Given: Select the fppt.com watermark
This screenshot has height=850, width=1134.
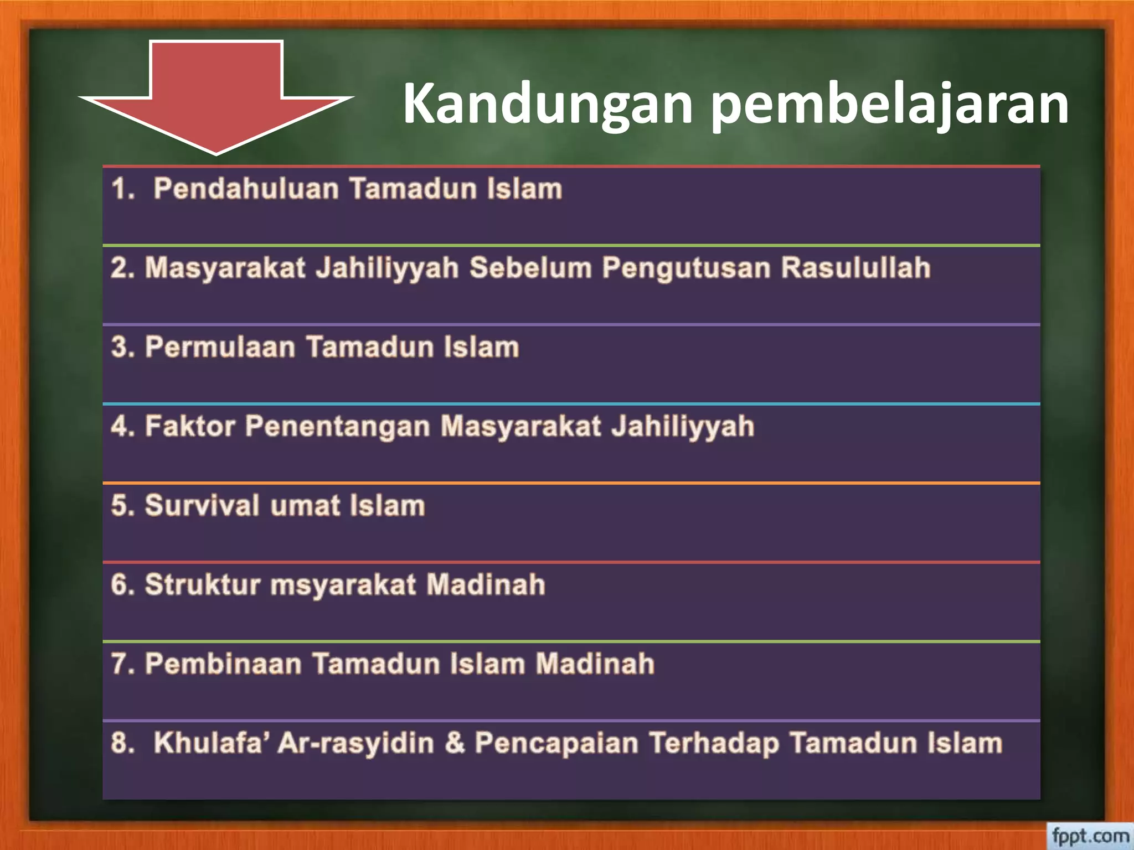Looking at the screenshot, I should click(1090, 835).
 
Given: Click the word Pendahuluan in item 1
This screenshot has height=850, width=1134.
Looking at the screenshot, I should click(246, 189).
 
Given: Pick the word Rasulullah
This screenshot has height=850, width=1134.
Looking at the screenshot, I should click(855, 268).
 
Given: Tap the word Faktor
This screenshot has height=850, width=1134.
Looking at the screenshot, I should click(190, 427).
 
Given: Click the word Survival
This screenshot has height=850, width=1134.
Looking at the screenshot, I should click(202, 506).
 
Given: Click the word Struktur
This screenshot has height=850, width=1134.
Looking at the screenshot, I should click(202, 585).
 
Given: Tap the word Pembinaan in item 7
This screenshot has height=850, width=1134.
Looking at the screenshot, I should click(223, 664).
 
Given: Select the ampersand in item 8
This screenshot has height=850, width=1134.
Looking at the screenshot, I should click(454, 743).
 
